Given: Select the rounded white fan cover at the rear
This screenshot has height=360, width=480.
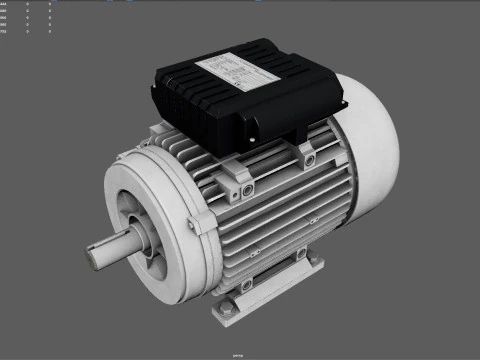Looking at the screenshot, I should (370, 150).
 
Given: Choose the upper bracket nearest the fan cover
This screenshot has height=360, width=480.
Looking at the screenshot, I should (305, 152).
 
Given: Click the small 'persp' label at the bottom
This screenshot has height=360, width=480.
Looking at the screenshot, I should (239, 354).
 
